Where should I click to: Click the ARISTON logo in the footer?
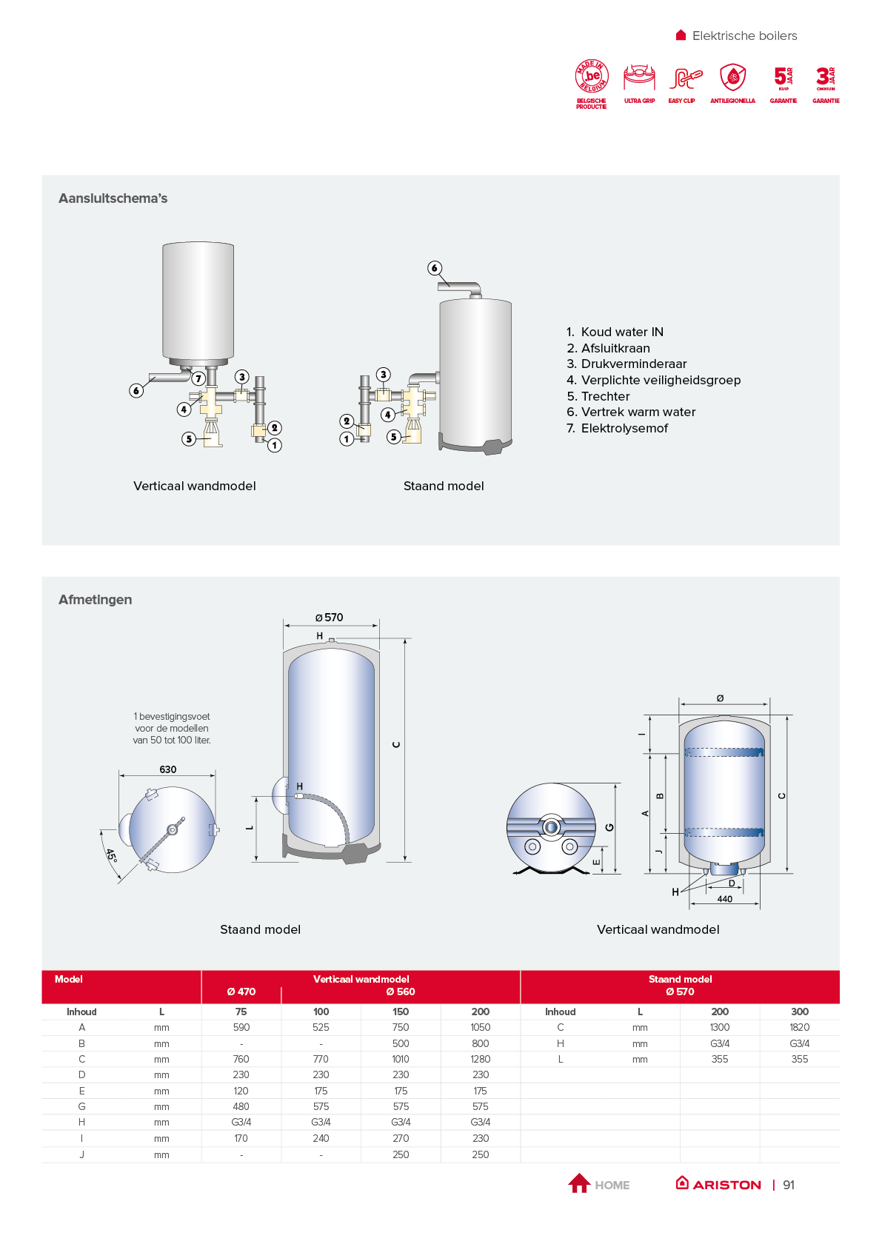coord(719,1184)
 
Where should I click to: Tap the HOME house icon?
coord(579,1183)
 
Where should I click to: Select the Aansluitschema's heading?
coord(113,198)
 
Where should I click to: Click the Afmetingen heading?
coord(95,600)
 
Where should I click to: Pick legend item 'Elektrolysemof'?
coord(624,428)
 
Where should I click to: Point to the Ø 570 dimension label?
coord(329,618)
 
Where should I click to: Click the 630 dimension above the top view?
coord(168,769)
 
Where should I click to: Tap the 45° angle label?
coord(111,855)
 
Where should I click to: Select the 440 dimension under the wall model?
coord(725,899)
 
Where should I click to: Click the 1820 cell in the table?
coord(799,1027)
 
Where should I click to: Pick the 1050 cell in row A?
coord(480,1027)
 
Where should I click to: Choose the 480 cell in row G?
coord(241,1106)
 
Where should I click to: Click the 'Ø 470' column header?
coord(241,992)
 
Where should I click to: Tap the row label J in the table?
coord(81,1154)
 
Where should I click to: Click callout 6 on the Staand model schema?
coord(435,268)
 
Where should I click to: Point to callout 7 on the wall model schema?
coord(198,378)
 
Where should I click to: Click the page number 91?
coord(789,1185)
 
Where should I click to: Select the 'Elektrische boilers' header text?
coord(744,36)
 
